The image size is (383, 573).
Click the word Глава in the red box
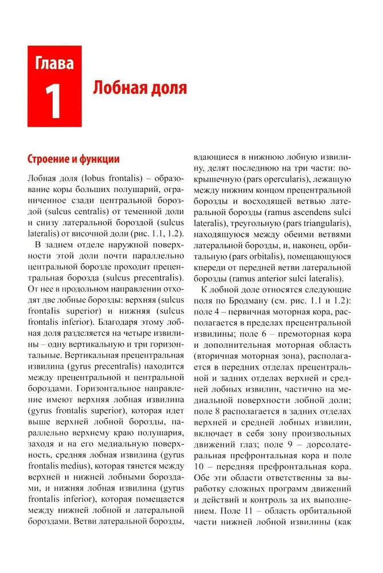(x=54, y=62)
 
